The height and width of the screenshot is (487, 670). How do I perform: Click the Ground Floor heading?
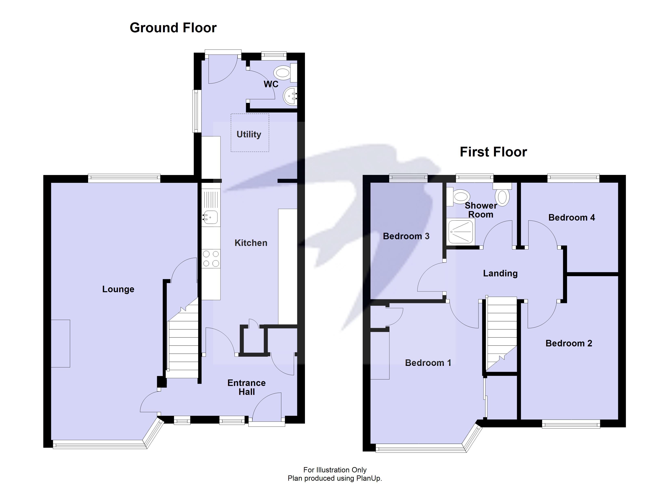173,28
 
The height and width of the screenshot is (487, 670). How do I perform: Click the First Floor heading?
493,152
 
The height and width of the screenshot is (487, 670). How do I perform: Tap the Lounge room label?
118,289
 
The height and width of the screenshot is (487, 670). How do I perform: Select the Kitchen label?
251,243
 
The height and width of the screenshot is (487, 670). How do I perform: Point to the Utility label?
249,134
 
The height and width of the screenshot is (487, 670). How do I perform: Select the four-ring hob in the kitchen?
211,258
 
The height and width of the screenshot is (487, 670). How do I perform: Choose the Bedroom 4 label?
571,218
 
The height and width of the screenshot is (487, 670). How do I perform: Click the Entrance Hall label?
246,387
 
